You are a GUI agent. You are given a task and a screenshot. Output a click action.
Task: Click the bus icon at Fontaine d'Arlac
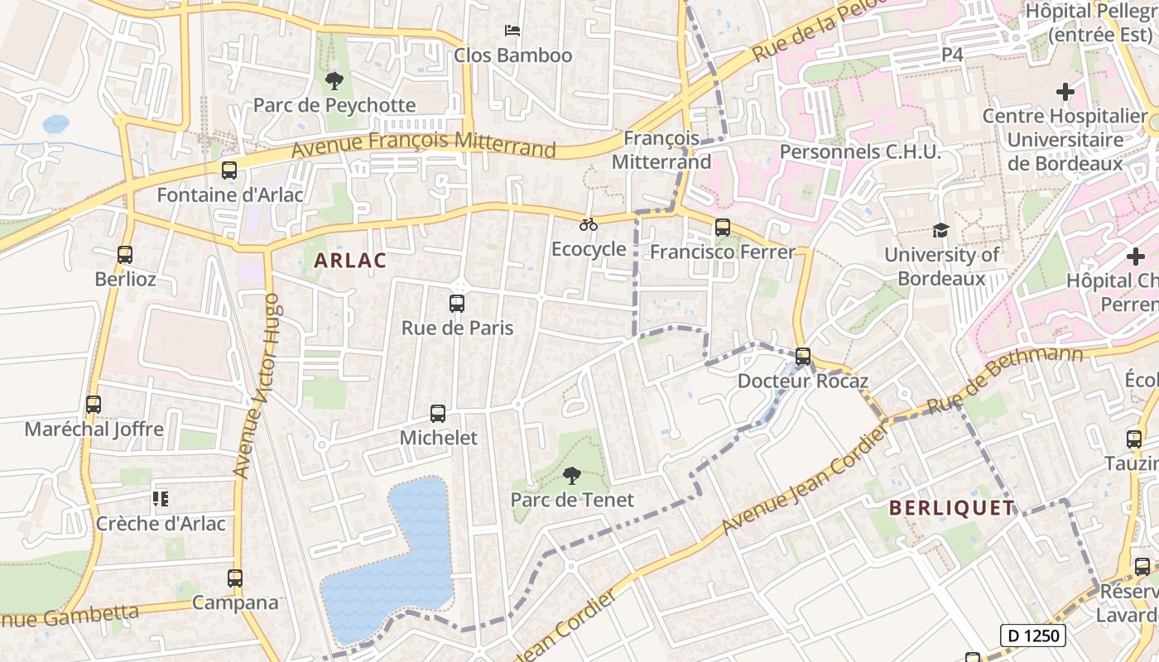tap(229, 170)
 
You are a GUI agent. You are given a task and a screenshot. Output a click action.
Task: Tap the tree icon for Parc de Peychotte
tap(334, 80)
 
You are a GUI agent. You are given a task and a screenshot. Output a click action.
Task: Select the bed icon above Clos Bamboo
tap(512, 31)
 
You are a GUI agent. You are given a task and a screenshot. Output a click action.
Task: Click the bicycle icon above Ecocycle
tap(589, 224)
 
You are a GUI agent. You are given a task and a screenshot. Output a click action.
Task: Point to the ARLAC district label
tap(350, 261)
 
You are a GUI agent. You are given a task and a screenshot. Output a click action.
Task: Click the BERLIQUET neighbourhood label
tap(952, 508)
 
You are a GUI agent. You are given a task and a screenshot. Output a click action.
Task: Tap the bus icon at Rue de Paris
tap(457, 304)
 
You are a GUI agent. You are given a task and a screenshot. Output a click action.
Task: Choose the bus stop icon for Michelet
tap(438, 414)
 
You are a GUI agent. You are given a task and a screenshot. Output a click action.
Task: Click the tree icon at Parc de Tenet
tap(571, 475)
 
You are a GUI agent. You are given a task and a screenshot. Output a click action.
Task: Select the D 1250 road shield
tap(1032, 636)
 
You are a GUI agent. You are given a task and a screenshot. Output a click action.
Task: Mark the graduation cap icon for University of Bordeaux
tap(940, 230)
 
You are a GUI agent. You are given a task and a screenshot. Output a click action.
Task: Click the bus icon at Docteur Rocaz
tap(802, 357)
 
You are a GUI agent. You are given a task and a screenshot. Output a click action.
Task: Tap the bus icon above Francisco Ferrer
tap(723, 228)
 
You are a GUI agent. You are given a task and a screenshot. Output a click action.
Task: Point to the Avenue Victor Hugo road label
tap(256, 385)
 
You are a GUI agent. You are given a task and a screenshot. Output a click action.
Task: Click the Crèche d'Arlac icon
tap(161, 499)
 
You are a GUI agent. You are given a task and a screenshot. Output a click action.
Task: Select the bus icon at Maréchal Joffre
tap(94, 405)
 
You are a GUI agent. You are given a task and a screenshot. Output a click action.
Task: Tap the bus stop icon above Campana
tap(235, 578)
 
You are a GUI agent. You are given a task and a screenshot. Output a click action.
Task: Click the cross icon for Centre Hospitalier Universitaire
tap(1065, 92)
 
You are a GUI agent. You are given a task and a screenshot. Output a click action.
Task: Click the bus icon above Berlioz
tap(125, 255)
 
